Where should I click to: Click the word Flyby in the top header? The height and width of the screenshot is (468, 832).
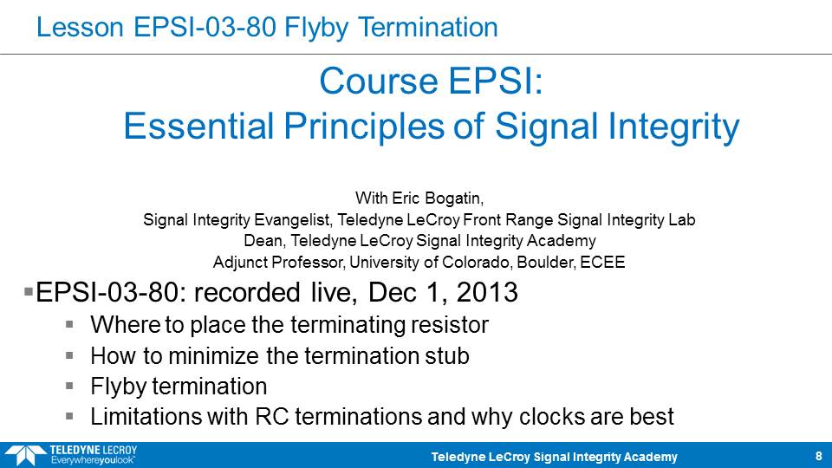[x=316, y=28]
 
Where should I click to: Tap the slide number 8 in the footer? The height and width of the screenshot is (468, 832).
[x=819, y=456]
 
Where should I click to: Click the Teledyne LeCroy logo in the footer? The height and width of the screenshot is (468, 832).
[x=70, y=455]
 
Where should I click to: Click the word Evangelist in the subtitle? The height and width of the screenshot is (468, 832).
[x=294, y=219]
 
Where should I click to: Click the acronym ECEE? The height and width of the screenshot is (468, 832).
[x=602, y=262]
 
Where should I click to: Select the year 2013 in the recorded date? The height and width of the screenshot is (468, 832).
[x=486, y=292]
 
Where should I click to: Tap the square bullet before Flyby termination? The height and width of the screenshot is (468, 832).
[x=69, y=386]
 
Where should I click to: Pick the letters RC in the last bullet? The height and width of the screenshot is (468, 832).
[x=271, y=417]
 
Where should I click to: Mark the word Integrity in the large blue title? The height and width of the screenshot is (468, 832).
[x=673, y=127]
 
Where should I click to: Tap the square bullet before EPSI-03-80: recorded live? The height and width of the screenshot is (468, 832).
[x=29, y=291]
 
